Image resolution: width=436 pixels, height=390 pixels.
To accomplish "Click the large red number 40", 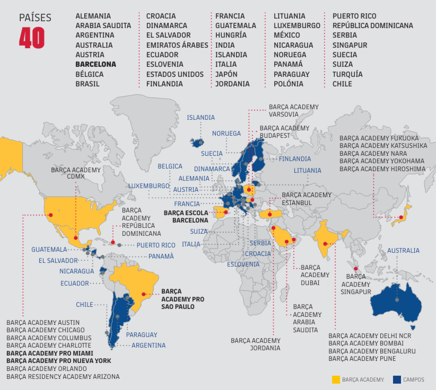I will (x=32, y=38).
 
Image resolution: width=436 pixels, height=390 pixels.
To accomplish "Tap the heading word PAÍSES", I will (x=35, y=18).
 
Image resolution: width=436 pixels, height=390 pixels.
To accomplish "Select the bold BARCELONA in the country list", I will (x=96, y=64).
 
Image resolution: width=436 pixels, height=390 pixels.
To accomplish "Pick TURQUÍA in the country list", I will (x=347, y=74).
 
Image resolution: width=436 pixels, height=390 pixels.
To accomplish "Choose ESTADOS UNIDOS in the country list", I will (x=175, y=74).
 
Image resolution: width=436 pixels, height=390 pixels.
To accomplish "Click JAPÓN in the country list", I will (x=226, y=74).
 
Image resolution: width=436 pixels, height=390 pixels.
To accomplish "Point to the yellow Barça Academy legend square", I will (x=336, y=380).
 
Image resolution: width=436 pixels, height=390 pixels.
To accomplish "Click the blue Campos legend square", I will (x=397, y=380).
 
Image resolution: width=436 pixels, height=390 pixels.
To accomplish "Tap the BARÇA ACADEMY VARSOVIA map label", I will (x=293, y=111).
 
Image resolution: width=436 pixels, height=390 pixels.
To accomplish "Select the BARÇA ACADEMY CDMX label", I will (x=76, y=173).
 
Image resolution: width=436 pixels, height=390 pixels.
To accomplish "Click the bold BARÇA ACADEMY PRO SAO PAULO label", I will (x=182, y=299).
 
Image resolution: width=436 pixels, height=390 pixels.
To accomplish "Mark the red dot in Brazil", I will (x=144, y=294).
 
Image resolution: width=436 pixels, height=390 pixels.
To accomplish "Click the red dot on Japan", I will (x=401, y=217).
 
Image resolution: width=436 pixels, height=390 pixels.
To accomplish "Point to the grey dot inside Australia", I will (x=397, y=300).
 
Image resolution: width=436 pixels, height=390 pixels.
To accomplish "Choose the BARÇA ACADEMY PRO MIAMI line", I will (x=50, y=353).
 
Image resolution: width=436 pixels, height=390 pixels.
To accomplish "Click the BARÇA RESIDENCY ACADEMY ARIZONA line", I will (x=63, y=376).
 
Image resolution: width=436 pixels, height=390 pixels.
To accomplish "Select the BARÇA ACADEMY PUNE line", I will (x=362, y=359).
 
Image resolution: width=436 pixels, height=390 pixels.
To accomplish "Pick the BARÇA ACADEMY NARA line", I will (x=373, y=153).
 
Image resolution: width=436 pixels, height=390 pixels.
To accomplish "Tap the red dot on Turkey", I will (x=270, y=215).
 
